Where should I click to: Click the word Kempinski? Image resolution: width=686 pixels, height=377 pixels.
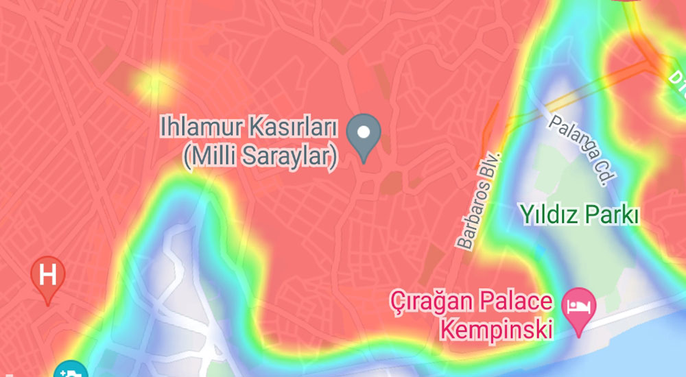[496, 330]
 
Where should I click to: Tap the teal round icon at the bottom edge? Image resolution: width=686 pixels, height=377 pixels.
[70, 371]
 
